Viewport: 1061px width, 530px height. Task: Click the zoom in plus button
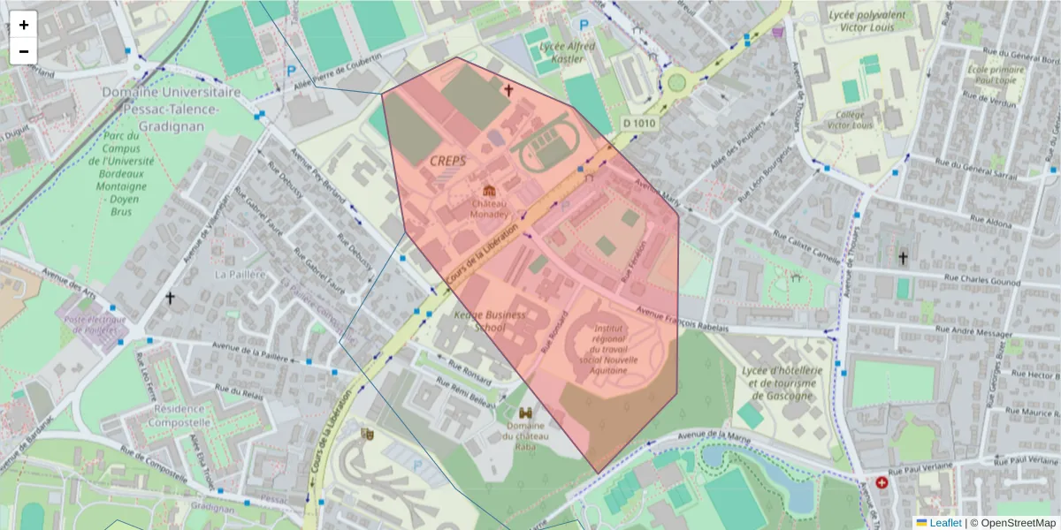[x=24, y=25]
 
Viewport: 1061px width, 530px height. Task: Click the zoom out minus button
[x=24, y=51]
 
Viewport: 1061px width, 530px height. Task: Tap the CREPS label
[x=447, y=161]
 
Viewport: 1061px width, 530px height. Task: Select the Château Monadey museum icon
[x=489, y=191]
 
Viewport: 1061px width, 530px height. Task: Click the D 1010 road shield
[x=638, y=124]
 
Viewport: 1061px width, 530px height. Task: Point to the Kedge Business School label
[x=490, y=321]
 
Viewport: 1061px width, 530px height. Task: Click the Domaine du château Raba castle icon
[x=526, y=413]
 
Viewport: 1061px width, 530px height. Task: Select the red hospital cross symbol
[x=882, y=483]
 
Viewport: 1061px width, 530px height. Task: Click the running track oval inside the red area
[x=548, y=147]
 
